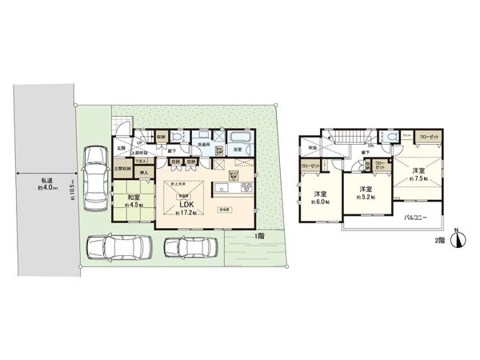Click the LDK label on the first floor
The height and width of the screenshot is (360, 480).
[x=182, y=203]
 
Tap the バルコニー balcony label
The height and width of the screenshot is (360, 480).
[x=415, y=218]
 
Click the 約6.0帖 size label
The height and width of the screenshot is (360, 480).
[x=318, y=202]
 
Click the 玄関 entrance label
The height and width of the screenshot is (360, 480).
[x=122, y=147]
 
